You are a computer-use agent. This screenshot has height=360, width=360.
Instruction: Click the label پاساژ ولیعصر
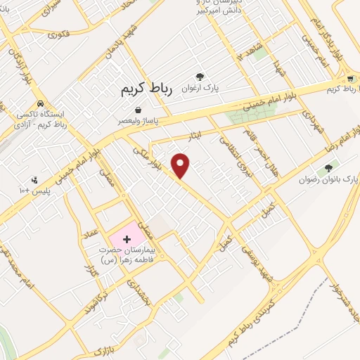point(138,121)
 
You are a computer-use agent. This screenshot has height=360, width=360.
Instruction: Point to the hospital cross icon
point(126,240)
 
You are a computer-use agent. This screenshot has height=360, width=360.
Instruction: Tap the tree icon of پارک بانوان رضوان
point(328,168)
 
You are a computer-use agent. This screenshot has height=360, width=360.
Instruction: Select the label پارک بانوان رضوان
point(327,180)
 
